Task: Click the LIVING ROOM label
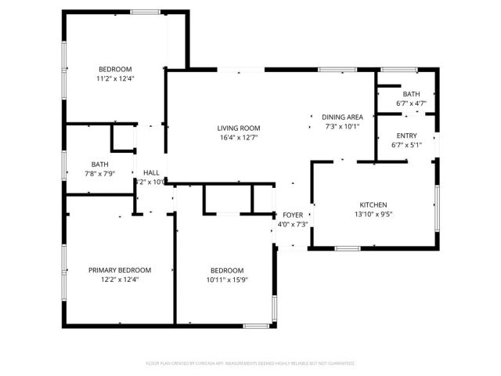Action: tap(238, 128)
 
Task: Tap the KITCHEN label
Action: tap(372, 205)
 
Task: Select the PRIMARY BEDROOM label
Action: tap(119, 269)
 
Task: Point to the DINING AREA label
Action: tap(342, 117)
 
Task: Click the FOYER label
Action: tap(293, 215)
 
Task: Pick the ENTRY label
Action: tap(406, 136)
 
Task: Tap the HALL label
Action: tap(151, 172)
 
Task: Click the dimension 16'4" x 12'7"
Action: tap(238, 138)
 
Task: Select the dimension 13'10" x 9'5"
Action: tap(372, 215)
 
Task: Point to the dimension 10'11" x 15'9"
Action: tap(225, 280)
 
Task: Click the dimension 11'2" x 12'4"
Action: tap(115, 79)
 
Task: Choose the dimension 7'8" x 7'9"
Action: tap(99, 173)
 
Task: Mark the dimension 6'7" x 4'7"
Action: tap(411, 103)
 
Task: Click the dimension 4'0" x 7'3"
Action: tap(293, 224)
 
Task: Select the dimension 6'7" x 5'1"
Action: tap(406, 145)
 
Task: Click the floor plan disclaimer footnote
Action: tap(250, 363)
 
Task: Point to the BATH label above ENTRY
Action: tap(411, 94)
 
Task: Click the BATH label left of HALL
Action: tap(99, 164)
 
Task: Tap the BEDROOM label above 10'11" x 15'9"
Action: tap(225, 270)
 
